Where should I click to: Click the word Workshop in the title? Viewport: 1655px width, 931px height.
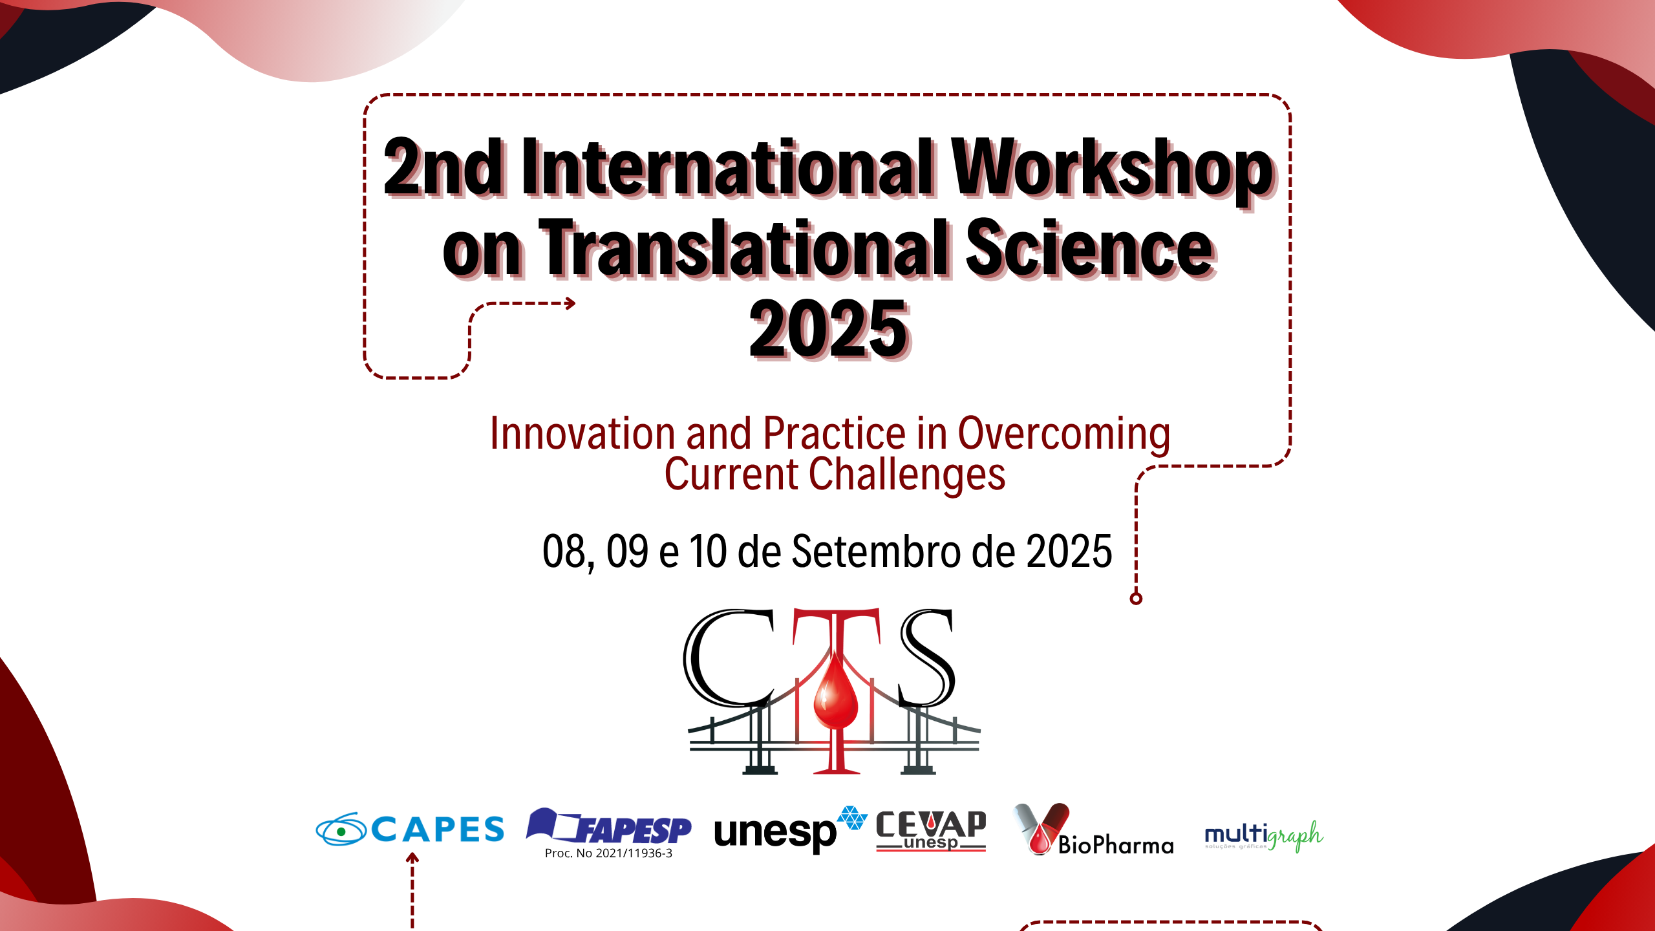1113,169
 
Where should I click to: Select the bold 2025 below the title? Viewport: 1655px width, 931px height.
829,329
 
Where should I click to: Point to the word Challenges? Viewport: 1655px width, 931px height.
907,475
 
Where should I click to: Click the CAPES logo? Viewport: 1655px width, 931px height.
410,829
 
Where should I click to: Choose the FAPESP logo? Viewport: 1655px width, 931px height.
608,826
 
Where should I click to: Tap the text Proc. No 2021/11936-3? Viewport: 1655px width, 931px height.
608,853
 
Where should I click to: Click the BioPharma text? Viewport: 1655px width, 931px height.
1116,845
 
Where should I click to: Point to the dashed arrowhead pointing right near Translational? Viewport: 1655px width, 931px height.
570,303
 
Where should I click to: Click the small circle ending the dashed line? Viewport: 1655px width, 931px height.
1136,599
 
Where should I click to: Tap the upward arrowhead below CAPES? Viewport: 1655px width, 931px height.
412,858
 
